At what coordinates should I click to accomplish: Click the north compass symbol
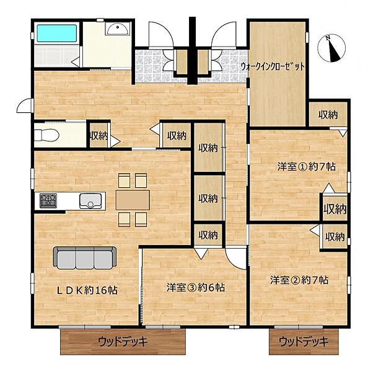[x=334, y=48]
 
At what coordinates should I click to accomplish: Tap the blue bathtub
[x=56, y=33]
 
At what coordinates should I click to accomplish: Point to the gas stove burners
[x=48, y=200]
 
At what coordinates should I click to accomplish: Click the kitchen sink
[x=90, y=200]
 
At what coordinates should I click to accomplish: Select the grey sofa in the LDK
[x=85, y=256]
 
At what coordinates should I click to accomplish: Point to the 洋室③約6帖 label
[x=195, y=288]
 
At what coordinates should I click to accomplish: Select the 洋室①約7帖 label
[x=298, y=166]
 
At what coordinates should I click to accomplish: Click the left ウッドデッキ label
[x=124, y=341]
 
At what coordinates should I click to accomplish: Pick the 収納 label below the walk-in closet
[x=328, y=115]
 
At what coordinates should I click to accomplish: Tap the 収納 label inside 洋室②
[x=335, y=236]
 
